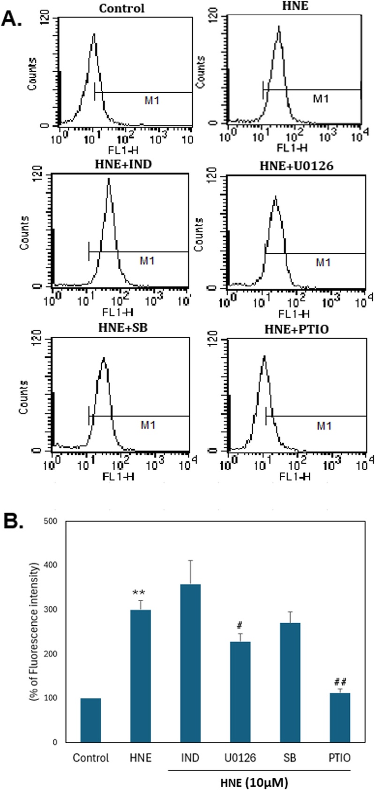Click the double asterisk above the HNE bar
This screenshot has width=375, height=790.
point(141,597)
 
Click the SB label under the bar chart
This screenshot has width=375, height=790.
point(290,757)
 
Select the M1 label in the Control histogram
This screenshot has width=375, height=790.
point(152,100)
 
